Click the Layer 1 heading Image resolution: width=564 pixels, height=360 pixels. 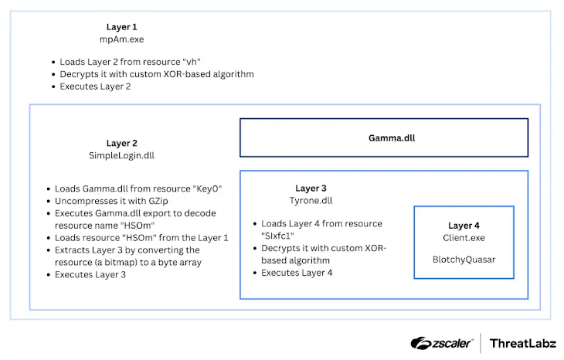click(121, 27)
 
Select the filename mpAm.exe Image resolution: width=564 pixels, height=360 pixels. click(121, 39)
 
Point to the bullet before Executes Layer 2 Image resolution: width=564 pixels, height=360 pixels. click(53, 87)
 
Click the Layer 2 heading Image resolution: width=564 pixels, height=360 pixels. click(121, 143)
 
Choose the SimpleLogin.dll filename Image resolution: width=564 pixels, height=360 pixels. click(121, 155)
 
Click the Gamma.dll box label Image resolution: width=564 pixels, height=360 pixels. click(392, 138)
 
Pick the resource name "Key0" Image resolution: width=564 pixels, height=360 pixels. click(207, 188)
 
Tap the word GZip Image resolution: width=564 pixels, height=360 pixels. click(158, 201)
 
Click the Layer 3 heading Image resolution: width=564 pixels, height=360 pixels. click(311, 188)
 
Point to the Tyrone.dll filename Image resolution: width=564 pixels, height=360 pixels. click(311, 201)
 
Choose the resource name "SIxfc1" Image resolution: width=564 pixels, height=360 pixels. click(277, 236)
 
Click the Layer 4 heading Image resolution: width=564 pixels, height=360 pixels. click(464, 226)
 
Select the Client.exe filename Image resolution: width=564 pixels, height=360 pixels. click(464, 238)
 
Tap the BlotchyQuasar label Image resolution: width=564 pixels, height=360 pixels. click(464, 260)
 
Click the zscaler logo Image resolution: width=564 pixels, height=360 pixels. click(441, 343)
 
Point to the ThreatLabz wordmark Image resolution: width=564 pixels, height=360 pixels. click(522, 344)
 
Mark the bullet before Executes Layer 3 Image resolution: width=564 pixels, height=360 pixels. click(48, 275)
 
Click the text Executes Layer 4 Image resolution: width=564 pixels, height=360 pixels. click(297, 273)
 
